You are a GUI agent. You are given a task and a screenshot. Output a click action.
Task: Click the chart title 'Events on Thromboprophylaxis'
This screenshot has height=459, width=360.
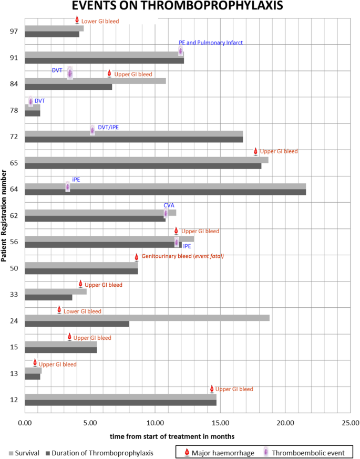pyautogui.click(x=180, y=7)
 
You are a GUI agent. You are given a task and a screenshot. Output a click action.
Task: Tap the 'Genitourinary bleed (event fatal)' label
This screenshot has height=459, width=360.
pyautogui.click(x=182, y=257)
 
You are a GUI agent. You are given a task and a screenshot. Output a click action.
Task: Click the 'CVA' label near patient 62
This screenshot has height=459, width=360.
pyautogui.click(x=169, y=206)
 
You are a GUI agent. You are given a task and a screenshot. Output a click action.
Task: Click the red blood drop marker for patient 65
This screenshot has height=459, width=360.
pyautogui.click(x=256, y=151)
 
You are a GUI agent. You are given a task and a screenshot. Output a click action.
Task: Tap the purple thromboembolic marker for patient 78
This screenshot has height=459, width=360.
pyautogui.click(x=30, y=101)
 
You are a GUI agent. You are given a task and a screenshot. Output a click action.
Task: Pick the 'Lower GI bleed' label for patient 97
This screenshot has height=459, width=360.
pyautogui.click(x=100, y=22)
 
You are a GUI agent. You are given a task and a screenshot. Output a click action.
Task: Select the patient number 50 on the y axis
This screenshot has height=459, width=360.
pyautogui.click(x=14, y=268)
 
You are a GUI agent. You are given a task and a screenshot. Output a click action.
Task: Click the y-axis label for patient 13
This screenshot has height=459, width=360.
pyautogui.click(x=14, y=374)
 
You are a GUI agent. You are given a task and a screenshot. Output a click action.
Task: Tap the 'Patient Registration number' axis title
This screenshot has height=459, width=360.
pyautogui.click(x=4, y=215)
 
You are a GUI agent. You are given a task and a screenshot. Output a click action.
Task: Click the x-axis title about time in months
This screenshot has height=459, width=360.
pyautogui.click(x=172, y=436)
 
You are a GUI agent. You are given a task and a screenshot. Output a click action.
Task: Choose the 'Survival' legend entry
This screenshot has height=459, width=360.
pyautogui.click(x=24, y=452)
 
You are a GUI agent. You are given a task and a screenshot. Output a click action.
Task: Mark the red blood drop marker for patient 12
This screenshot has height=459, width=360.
pyautogui.click(x=212, y=389)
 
